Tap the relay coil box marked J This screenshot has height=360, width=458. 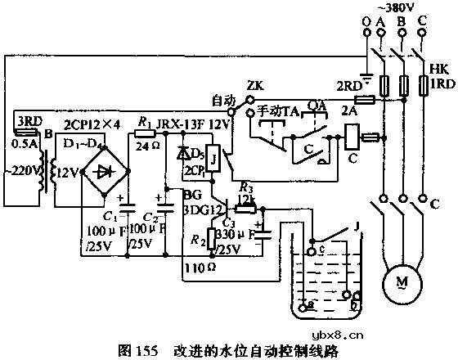pyautogui.click(x=212, y=159)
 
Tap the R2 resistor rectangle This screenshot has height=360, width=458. pyautogui.click(x=212, y=239)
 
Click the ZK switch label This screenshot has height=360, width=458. pyautogui.click(x=254, y=84)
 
